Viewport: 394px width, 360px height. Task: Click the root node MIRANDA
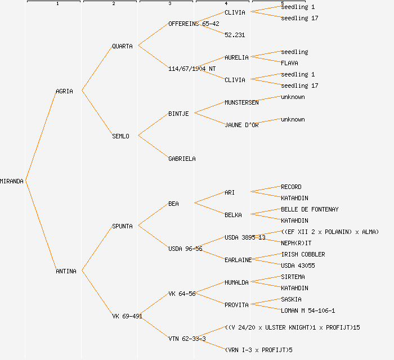coord(12,181)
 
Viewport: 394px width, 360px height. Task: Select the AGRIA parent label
coord(64,91)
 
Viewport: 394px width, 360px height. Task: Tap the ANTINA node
coord(66,271)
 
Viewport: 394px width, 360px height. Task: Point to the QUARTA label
coord(122,46)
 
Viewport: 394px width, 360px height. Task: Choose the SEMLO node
coord(120,136)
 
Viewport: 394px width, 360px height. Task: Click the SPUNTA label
coord(122,226)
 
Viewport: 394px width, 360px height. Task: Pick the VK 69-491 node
coord(127,316)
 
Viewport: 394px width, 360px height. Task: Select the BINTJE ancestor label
coord(178,114)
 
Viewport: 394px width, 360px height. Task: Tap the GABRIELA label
coord(182,159)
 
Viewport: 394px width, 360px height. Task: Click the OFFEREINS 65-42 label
coord(194,24)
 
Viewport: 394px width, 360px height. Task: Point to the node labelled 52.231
coord(235,35)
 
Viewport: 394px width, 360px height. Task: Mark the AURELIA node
coord(236,57)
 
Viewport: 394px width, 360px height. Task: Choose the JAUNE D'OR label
coord(241,125)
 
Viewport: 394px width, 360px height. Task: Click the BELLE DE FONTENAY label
coord(310,209)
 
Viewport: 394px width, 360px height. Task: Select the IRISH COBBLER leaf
coord(303,254)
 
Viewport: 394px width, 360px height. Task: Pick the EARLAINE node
coord(238,260)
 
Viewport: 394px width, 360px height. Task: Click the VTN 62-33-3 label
coord(187,339)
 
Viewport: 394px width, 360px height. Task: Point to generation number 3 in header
coord(169,4)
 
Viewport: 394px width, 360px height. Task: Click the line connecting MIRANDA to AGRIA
coord(41,136)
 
